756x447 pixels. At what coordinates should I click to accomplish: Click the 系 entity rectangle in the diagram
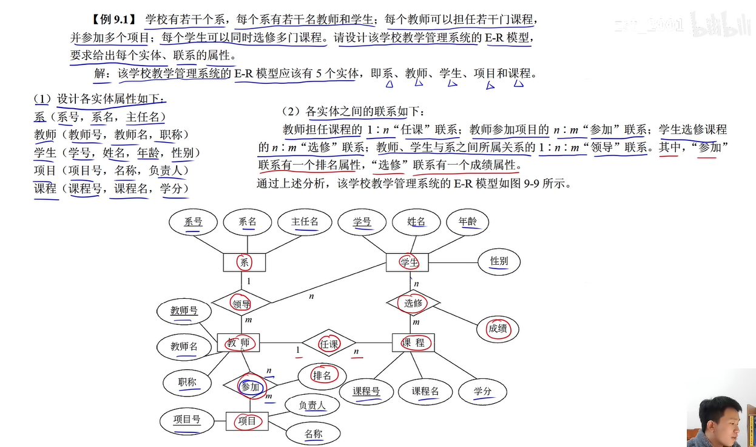click(245, 262)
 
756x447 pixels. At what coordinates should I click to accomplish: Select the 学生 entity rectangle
click(408, 262)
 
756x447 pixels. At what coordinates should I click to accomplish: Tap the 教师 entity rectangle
click(238, 343)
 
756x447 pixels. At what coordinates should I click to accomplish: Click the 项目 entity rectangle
click(247, 421)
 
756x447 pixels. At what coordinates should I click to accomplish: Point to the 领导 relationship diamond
click(241, 302)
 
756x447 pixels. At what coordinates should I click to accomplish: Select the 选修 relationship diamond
click(413, 302)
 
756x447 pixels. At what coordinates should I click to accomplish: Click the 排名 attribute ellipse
click(322, 375)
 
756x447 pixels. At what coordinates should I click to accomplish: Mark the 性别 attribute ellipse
click(499, 261)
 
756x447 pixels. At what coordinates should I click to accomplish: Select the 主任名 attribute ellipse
click(305, 222)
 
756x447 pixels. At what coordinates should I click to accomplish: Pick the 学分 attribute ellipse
click(483, 392)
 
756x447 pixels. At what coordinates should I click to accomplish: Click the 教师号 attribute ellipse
click(184, 311)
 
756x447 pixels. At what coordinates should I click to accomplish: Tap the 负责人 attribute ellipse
click(312, 405)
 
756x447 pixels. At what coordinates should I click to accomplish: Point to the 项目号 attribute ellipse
click(187, 420)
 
